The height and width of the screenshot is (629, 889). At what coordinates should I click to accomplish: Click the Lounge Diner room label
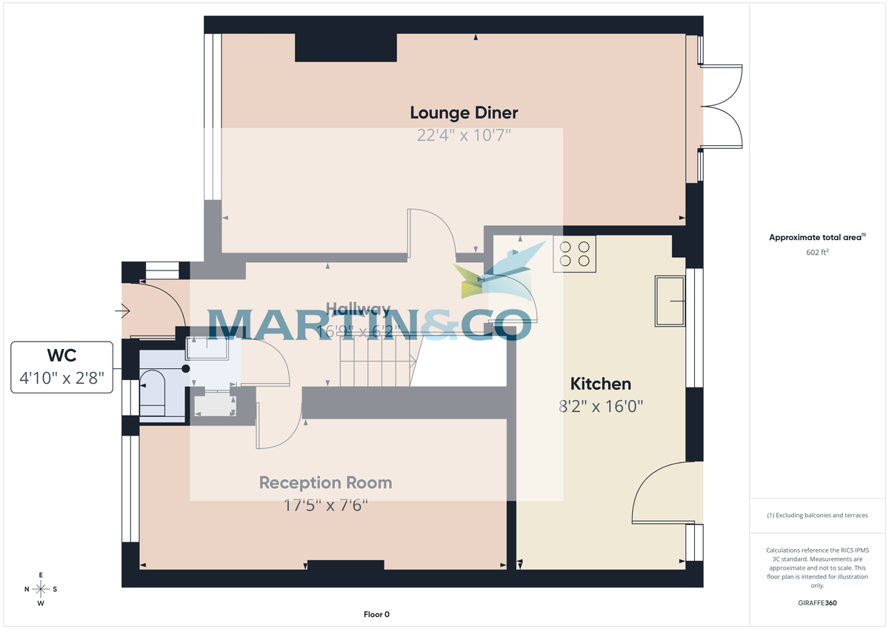tap(464, 113)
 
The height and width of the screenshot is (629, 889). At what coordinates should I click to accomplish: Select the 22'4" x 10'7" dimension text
tap(464, 135)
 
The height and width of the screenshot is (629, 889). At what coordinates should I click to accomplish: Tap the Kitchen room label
tap(600, 384)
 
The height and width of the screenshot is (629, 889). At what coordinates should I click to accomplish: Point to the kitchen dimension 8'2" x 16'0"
tap(600, 406)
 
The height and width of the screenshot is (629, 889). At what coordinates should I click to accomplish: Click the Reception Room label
tap(325, 483)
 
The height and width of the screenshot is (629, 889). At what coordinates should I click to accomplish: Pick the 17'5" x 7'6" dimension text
tap(325, 505)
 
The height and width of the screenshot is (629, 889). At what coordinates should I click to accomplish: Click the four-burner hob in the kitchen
tap(574, 254)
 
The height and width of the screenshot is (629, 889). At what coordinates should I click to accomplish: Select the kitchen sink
tap(670, 301)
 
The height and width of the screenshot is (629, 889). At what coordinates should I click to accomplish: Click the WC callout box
tap(62, 367)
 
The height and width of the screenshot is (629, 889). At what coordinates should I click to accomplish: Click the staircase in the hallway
tap(376, 359)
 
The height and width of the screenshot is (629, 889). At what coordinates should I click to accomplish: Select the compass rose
tap(41, 589)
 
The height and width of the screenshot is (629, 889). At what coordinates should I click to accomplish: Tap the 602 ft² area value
tap(816, 252)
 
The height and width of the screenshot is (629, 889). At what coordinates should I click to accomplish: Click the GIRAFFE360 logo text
tap(816, 603)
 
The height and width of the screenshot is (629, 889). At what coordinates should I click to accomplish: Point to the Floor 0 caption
tap(376, 614)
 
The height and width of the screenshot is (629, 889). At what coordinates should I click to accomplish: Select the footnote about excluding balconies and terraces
tap(816, 515)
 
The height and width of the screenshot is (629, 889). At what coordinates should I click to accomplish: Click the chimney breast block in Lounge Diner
tap(346, 47)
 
